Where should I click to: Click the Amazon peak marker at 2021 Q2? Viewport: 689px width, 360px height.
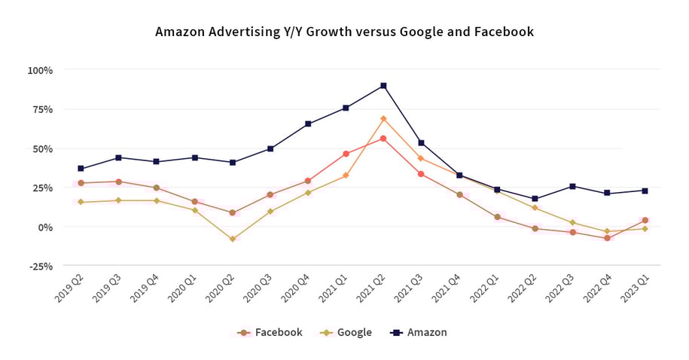coord(383,86)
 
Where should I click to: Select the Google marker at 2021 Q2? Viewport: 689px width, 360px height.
coord(383,118)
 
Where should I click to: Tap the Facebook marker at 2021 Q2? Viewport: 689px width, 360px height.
coord(383,139)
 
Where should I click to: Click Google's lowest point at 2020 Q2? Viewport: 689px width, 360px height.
coord(233,239)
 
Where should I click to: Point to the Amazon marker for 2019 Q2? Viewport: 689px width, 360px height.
coord(81,169)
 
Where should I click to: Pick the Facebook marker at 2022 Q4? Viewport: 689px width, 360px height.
coord(607,238)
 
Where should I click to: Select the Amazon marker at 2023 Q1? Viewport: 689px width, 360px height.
coord(645,191)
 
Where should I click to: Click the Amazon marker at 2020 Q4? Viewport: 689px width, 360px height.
coord(308,124)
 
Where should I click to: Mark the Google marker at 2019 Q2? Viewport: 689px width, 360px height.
coord(81,202)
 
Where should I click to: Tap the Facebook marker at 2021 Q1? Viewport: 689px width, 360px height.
coord(346,154)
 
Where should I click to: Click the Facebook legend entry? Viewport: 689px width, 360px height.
coord(270,332)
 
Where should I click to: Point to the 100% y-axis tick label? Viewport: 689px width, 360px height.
coord(40,70)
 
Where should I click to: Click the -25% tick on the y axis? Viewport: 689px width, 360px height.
coord(40,266)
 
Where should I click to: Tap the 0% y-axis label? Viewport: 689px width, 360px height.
coord(44,227)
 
